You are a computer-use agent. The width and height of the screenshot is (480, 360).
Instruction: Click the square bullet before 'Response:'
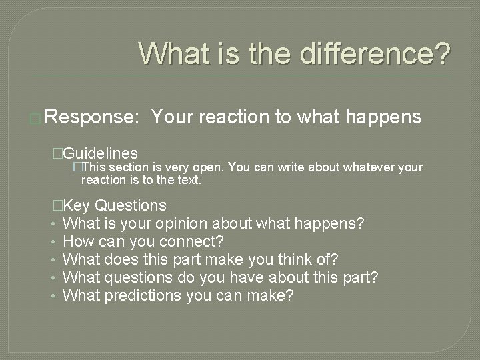(x=37, y=119)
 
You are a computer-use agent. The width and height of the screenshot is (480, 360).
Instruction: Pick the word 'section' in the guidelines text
(x=130, y=167)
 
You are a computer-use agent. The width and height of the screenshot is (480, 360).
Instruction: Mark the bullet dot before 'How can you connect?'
(x=54, y=241)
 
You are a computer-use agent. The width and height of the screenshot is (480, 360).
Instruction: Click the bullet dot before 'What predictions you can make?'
(x=54, y=295)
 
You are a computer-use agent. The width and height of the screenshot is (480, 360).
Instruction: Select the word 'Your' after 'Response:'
(x=171, y=117)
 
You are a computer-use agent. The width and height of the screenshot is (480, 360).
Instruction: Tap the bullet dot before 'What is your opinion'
(x=54, y=223)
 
